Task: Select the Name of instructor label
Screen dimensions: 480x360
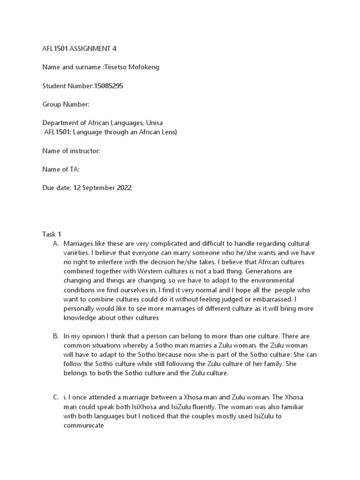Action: point(71,150)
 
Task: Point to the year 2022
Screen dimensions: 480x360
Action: point(123,187)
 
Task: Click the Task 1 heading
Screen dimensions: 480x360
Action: point(52,234)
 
